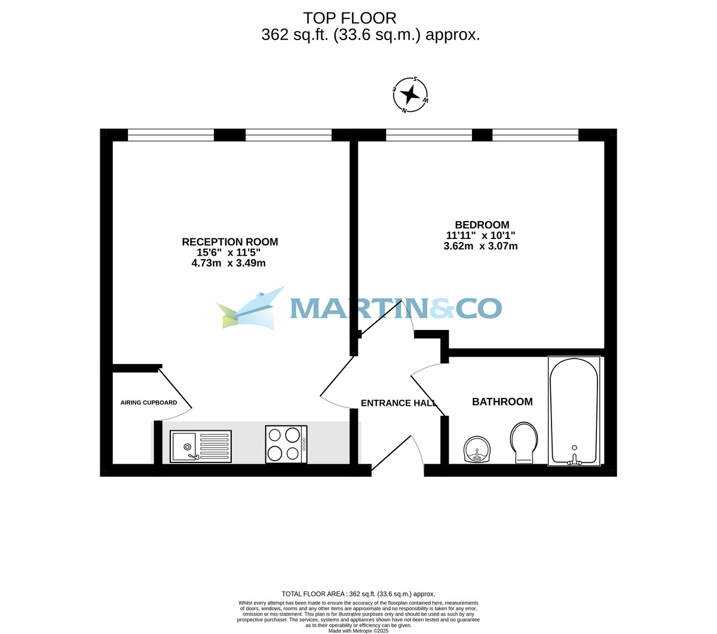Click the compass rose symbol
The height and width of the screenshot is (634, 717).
pyautogui.click(x=410, y=95)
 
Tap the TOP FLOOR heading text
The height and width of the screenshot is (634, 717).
pyautogui.click(x=350, y=19)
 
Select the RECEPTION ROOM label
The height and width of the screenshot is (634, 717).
pyautogui.click(x=229, y=242)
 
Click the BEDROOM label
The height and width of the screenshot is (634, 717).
pyautogui.click(x=482, y=225)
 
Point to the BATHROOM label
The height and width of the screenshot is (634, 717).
pyautogui.click(x=502, y=402)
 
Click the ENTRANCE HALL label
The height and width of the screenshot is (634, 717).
pyautogui.click(x=399, y=403)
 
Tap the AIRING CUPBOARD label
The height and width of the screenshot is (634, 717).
pyautogui.click(x=149, y=403)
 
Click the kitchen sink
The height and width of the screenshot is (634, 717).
pyautogui.click(x=200, y=446)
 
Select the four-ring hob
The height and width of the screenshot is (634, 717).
pyautogui.click(x=286, y=444)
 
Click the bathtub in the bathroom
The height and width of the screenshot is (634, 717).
pyautogui.click(x=574, y=411)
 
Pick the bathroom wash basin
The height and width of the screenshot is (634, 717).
pyautogui.click(x=477, y=449)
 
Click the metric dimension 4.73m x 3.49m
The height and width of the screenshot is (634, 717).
pyautogui.click(x=228, y=263)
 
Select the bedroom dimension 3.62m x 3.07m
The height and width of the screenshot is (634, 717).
pyautogui.click(x=480, y=246)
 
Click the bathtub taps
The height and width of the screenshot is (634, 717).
pyautogui.click(x=574, y=459)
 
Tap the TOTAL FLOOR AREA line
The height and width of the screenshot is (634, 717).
pyautogui.click(x=358, y=594)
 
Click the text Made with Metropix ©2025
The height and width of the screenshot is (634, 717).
pyautogui.click(x=358, y=630)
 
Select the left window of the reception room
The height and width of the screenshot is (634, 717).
pyautogui.click(x=171, y=135)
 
